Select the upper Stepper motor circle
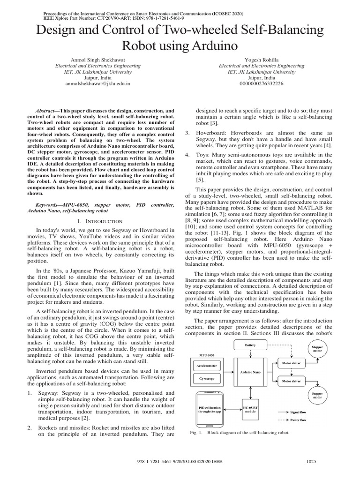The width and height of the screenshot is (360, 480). (317, 349)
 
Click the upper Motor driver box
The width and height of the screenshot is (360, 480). (290, 362)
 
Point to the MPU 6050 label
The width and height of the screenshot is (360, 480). (197, 354)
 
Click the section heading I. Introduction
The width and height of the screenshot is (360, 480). (99, 220)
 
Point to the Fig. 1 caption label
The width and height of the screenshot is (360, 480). (195, 433)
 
